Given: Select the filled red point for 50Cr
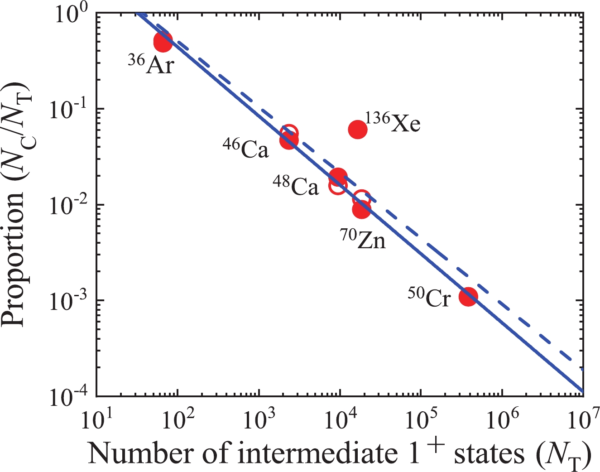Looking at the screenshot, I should (468, 297).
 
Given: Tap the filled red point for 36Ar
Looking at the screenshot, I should (163, 42).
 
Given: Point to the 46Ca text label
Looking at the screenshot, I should (246, 148).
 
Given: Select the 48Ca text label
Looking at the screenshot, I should (296, 185).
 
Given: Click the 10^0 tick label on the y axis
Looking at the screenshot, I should (73, 12).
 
